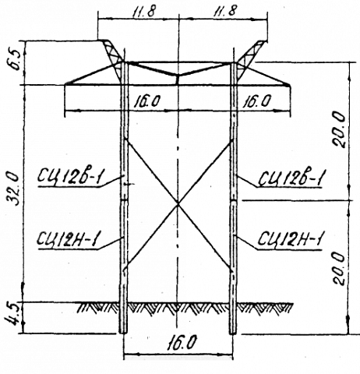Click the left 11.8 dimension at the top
[x=143, y=12]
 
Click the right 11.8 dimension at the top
[x=225, y=12]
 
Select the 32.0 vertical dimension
[x=13, y=189]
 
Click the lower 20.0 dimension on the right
[x=339, y=268]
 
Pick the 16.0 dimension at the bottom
[x=182, y=343]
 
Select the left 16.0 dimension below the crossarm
[x=147, y=101]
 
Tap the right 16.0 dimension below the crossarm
[x=257, y=101]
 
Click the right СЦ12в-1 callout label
[x=291, y=178]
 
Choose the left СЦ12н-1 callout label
[x=68, y=239]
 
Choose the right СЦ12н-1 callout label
[x=290, y=239]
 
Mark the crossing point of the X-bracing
[x=178, y=203]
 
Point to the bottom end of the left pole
[x=123, y=333]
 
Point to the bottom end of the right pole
[x=233, y=333]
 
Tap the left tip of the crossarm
[x=65, y=84]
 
